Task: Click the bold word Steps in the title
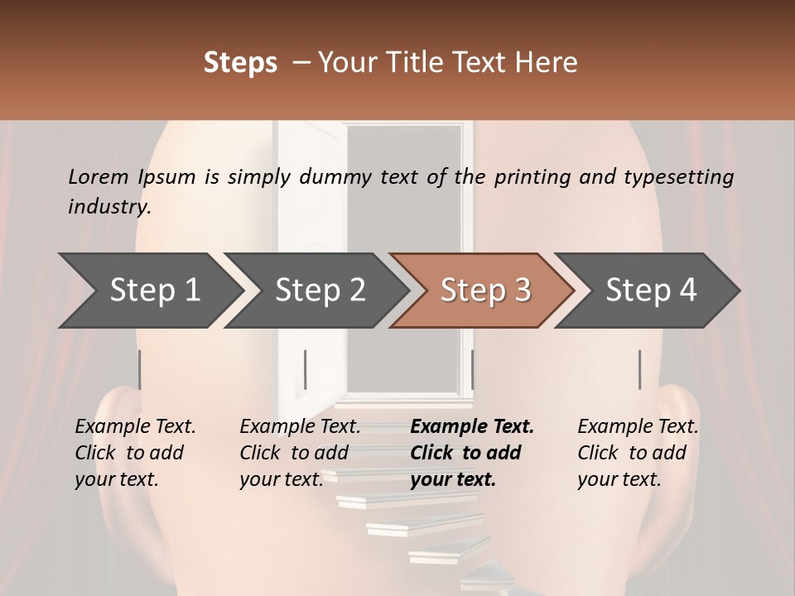click(x=240, y=63)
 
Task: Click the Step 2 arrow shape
click(x=319, y=291)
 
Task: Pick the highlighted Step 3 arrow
click(x=484, y=291)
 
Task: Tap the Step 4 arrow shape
click(x=650, y=291)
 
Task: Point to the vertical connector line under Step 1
click(x=140, y=369)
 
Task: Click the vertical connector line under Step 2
click(x=306, y=369)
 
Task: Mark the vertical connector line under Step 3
click(x=472, y=369)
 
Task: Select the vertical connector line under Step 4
click(x=639, y=369)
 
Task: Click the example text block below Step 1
click(x=135, y=453)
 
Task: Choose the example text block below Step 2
click(x=300, y=453)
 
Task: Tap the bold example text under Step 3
click(x=472, y=453)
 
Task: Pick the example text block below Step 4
click(x=638, y=453)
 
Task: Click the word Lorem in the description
click(x=99, y=177)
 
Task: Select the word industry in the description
click(x=108, y=206)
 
